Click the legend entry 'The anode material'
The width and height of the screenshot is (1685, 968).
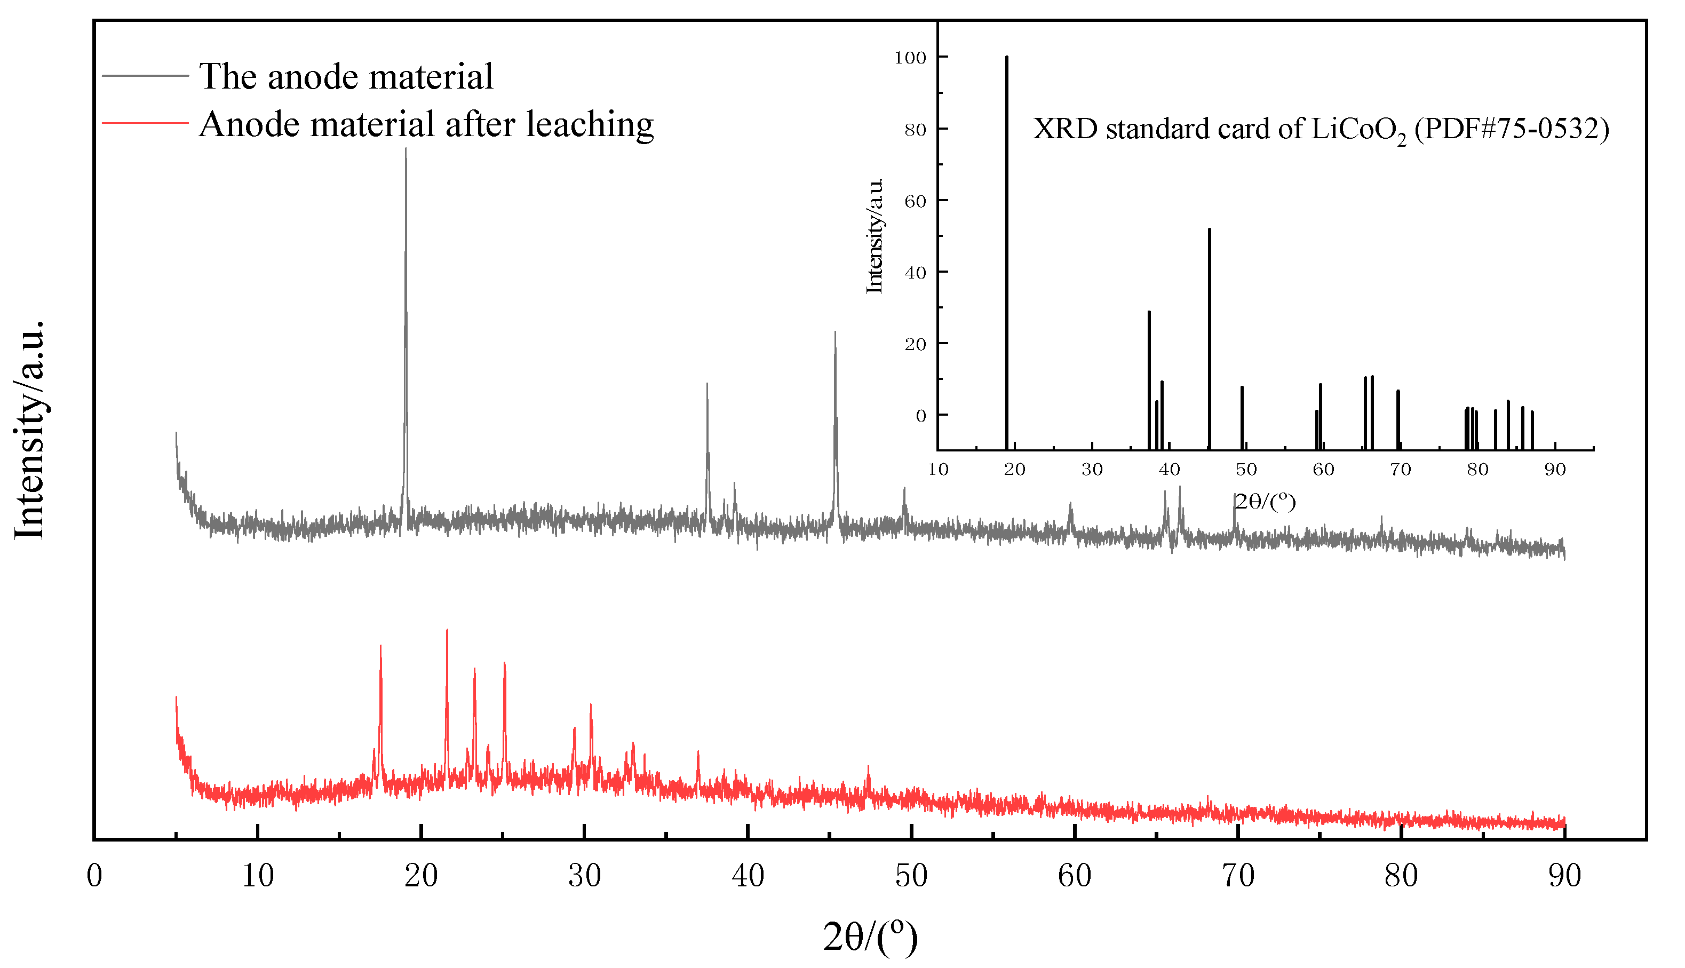pos(346,76)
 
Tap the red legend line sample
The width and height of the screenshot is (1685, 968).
pos(146,123)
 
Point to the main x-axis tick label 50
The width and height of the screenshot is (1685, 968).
pos(911,876)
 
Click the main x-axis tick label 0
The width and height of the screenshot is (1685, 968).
pos(94,876)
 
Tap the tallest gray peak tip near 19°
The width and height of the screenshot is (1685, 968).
pos(406,149)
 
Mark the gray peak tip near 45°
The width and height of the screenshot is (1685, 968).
pos(835,332)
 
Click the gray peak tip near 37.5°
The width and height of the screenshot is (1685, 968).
pos(707,384)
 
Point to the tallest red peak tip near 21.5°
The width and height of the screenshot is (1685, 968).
pos(447,630)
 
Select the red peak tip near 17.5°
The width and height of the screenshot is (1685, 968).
pos(380,646)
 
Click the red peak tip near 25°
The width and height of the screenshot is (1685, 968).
pos(505,663)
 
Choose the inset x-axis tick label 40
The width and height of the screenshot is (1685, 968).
pos(1169,470)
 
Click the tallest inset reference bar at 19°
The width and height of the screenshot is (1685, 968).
pos(1007,58)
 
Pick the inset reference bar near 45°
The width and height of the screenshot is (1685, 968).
pos(1209,229)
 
